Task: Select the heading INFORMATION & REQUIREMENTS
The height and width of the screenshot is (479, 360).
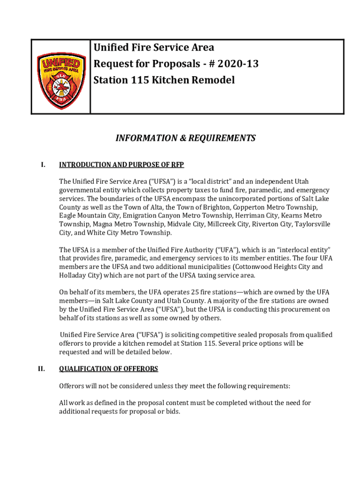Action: coord(186,138)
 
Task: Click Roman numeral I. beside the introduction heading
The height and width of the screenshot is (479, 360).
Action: coord(43,165)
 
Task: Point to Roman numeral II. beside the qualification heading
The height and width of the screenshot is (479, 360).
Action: coord(42,369)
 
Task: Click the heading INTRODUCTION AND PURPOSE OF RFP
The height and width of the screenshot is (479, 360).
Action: coord(122,165)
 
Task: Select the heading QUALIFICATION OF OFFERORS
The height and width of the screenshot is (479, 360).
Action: coord(108,369)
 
